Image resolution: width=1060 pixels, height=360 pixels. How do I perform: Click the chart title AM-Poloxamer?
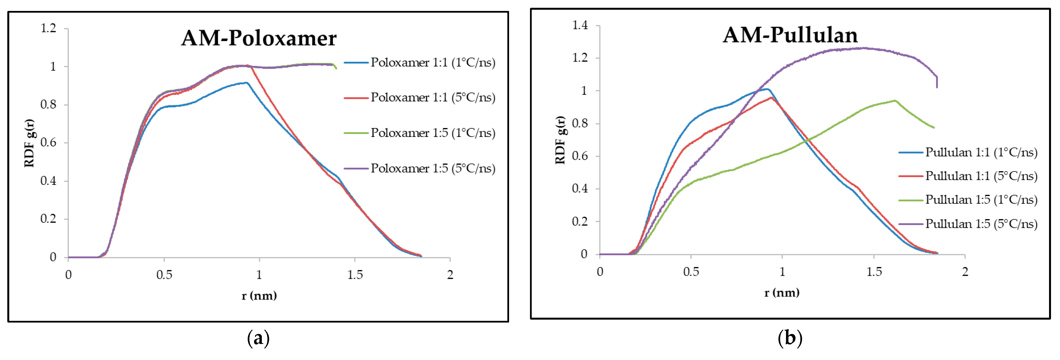coord(259,38)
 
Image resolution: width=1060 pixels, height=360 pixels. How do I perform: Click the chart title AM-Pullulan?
coord(790,35)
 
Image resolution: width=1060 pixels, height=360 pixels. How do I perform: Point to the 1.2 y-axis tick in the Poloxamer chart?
coord(48,28)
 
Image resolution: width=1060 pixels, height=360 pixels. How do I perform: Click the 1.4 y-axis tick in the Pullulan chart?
coord(580,26)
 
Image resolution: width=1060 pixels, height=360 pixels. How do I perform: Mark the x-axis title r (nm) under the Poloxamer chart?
coord(259,295)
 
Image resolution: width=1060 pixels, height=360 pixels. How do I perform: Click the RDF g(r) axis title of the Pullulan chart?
coord(560,140)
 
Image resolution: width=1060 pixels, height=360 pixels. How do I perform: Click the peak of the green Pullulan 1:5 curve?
coord(895,100)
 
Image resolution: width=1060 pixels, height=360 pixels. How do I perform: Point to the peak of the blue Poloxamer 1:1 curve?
coord(246,83)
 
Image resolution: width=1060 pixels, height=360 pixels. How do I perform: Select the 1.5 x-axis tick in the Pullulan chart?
coord(874,271)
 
